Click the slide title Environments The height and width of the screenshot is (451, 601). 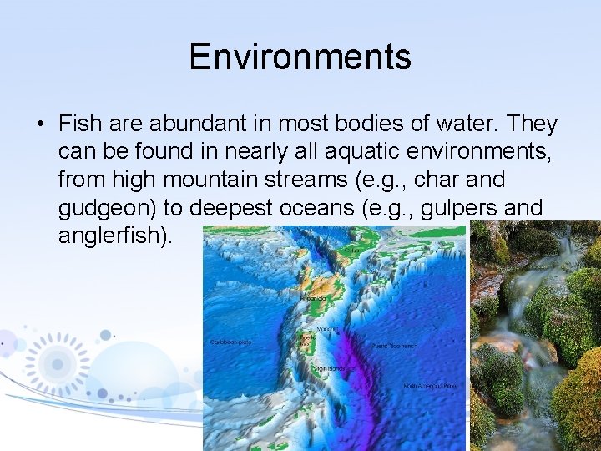tap(300, 58)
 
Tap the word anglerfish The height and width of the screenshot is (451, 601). tap(113, 236)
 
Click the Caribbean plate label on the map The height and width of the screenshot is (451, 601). tap(230, 342)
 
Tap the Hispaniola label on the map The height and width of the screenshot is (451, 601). tap(315, 296)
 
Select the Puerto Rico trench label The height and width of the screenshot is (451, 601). tap(394, 345)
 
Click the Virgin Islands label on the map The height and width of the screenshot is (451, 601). tap(330, 367)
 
